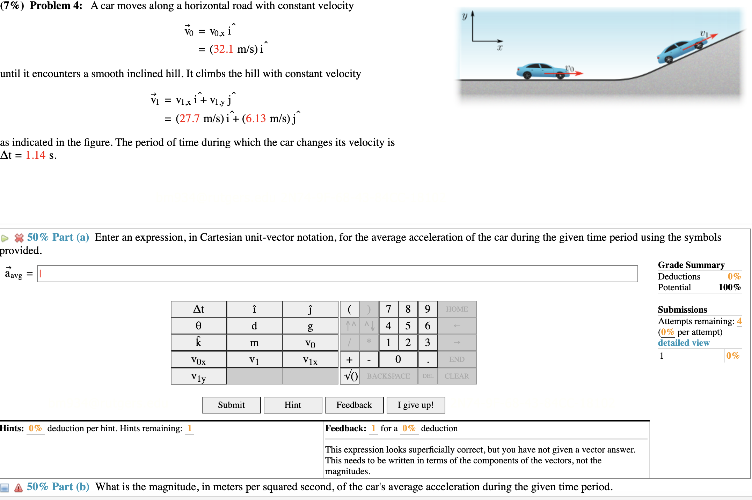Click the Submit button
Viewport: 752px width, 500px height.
(x=231, y=405)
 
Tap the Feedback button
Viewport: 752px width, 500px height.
(x=354, y=405)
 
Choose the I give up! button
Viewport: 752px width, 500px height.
(x=416, y=405)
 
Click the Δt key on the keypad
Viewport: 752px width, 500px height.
(x=198, y=309)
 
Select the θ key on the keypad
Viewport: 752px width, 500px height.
(x=198, y=326)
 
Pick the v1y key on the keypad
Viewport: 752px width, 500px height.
(x=198, y=376)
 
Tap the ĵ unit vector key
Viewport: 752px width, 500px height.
(x=310, y=309)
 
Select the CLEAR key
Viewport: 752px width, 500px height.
(x=457, y=376)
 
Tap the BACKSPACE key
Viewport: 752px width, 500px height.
(x=388, y=376)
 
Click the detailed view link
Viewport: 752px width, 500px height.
(x=684, y=343)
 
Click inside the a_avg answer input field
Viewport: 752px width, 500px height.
(x=337, y=274)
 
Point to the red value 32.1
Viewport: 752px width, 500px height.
(x=223, y=49)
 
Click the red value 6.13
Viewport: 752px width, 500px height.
(x=256, y=119)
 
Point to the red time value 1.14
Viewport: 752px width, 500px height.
(x=35, y=155)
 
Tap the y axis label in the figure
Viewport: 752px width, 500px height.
(x=464, y=16)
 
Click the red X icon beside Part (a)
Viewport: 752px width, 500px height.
(x=19, y=238)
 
